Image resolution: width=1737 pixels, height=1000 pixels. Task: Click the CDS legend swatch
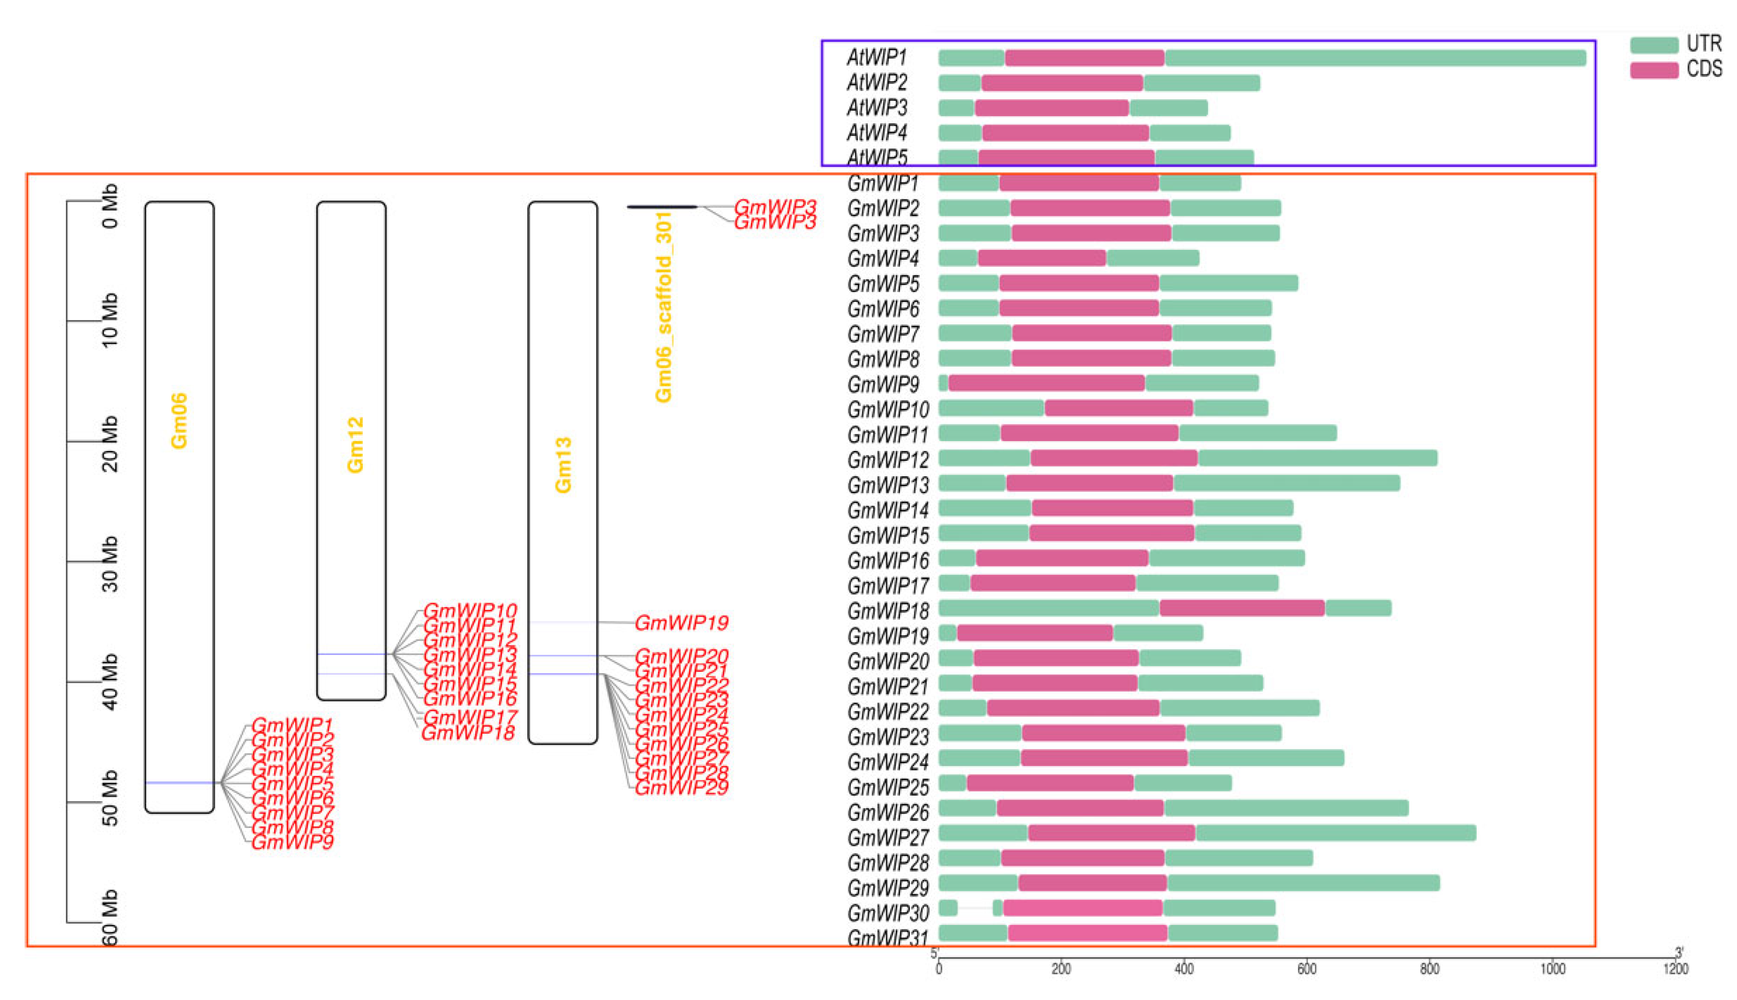point(1653,70)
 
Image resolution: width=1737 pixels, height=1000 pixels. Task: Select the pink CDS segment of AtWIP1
point(1084,58)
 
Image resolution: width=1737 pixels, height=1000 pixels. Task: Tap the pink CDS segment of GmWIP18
point(1242,608)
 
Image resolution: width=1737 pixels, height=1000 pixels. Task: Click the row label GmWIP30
point(887,913)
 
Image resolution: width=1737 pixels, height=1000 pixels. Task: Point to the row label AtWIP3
point(877,108)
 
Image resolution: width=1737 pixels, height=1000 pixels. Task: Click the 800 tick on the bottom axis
point(1428,968)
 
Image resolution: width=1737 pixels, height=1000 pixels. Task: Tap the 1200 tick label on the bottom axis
point(1675,968)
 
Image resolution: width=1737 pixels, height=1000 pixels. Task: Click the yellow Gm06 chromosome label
point(179,421)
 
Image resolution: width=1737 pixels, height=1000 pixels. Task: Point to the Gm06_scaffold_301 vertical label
point(663,307)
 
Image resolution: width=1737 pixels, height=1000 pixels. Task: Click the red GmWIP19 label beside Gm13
point(681,623)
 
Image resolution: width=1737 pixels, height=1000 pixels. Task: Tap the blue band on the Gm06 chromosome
point(179,782)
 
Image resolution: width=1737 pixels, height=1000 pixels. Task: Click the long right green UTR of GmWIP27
point(1335,833)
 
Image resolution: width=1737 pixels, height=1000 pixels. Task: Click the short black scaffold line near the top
point(662,207)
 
